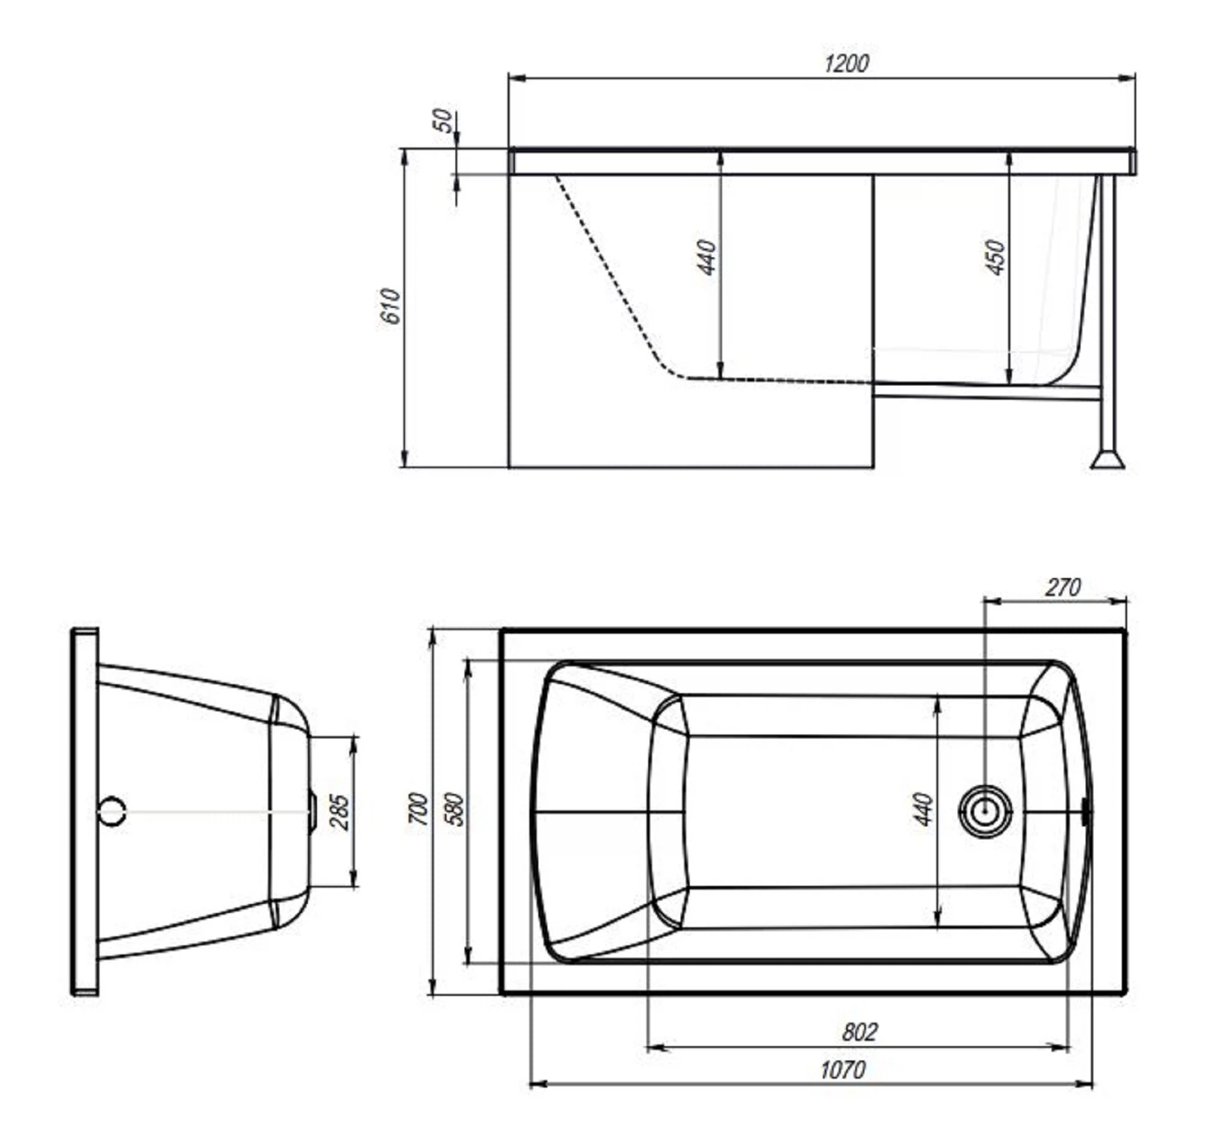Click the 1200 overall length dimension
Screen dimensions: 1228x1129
[x=846, y=63]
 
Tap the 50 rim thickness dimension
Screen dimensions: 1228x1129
[x=444, y=120]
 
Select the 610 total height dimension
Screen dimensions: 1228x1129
[x=392, y=306]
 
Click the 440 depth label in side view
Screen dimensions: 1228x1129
[x=707, y=257]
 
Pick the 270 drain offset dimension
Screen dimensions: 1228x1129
[x=1062, y=587]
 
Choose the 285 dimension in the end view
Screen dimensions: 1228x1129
[x=340, y=812]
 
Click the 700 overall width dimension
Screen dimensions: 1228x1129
[x=419, y=808]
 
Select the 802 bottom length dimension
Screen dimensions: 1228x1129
[x=859, y=1031]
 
